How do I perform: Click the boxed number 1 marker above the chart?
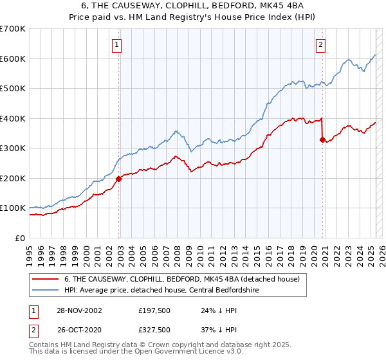pos(116,44)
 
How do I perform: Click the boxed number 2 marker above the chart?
pos(320,44)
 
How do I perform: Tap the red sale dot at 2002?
pos(119,179)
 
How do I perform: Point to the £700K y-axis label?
pos(13,29)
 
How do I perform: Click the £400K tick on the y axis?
pos(13,118)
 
